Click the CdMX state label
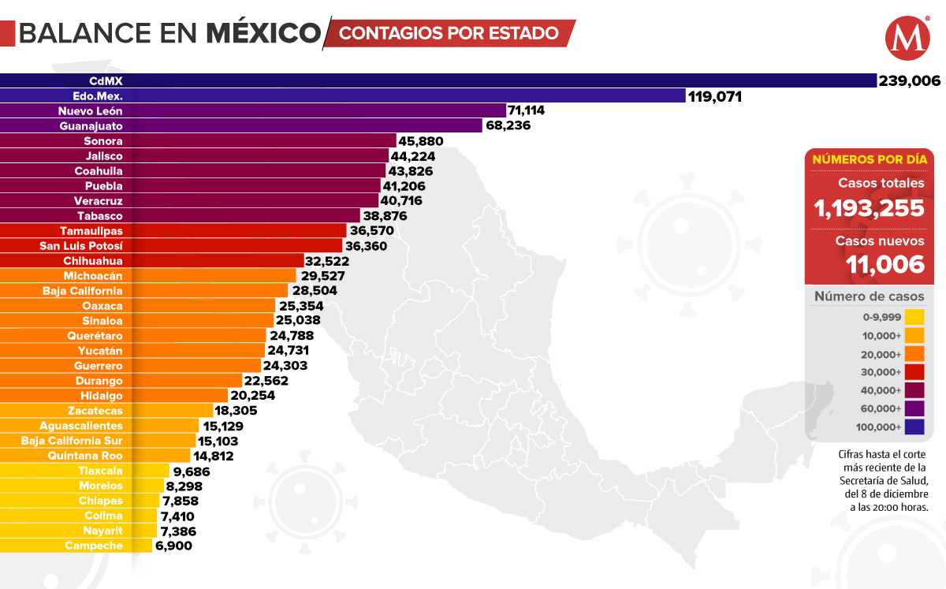coord(106,80)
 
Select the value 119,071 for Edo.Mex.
coord(717,96)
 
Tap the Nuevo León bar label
coord(91,111)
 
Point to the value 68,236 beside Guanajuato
coord(508,126)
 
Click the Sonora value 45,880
coord(422,141)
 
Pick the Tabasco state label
coord(100,216)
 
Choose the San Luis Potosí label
coord(81,246)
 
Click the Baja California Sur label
coord(73,441)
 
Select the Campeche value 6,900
coord(174,546)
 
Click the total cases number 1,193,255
coord(869,208)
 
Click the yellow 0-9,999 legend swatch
coord(914,317)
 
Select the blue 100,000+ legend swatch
coord(914,427)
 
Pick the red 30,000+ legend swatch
coord(914,372)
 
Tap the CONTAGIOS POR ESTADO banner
coord(449,33)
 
